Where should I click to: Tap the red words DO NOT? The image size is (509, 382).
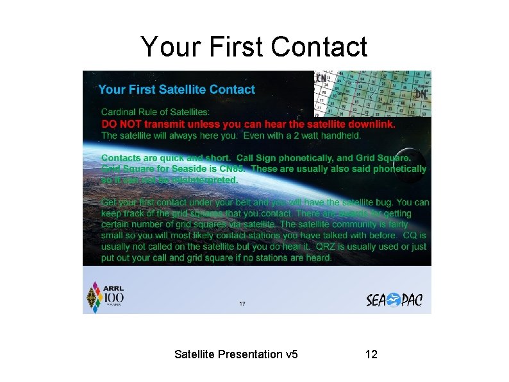[121, 124]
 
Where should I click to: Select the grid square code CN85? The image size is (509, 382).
[232, 169]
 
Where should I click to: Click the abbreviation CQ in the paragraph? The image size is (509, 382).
[410, 236]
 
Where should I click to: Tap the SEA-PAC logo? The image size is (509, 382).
[394, 300]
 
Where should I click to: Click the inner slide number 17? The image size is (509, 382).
[242, 304]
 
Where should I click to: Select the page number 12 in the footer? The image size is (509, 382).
[371, 354]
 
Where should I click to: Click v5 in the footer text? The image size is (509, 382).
[291, 354]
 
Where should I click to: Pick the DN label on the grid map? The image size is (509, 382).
[421, 94]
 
